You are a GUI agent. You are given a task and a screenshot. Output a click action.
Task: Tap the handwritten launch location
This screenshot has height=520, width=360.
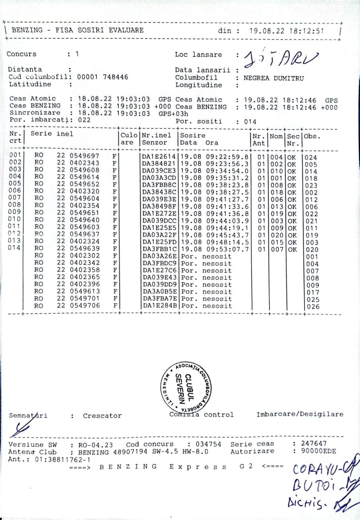280,58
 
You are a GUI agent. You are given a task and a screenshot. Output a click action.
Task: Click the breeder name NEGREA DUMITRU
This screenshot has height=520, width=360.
273,78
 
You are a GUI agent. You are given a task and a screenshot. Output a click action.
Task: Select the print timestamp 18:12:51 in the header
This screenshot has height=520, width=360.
306,31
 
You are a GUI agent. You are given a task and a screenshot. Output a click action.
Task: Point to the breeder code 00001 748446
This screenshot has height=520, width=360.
102,77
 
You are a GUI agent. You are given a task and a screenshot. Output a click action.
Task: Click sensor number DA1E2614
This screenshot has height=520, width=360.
159,156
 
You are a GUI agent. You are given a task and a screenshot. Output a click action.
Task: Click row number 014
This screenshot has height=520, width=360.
15,248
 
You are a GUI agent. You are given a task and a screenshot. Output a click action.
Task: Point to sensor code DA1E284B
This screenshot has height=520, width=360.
159,306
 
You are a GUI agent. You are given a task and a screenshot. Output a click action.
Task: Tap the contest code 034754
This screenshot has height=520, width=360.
208,444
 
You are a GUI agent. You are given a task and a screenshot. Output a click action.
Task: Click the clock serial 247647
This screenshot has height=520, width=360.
314,443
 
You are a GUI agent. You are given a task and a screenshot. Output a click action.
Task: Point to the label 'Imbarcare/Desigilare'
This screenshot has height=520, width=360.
300,414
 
